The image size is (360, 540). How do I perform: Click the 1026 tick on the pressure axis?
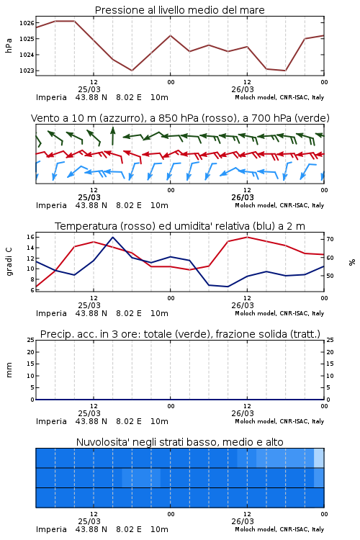[27, 23]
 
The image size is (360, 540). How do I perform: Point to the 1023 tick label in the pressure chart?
[27, 71]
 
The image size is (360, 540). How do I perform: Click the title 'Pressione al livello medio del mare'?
[180, 10]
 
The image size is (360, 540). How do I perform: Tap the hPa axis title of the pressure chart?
[9, 45]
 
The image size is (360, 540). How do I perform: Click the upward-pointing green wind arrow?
[112, 136]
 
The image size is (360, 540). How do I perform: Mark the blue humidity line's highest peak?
[112, 237]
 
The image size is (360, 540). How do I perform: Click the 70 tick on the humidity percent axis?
[330, 239]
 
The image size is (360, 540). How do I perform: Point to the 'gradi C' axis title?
[9, 261]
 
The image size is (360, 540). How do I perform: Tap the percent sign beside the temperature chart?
[352, 262]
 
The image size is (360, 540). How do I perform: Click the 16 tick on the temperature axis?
[30, 237]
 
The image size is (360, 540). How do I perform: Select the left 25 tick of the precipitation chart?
[30, 340]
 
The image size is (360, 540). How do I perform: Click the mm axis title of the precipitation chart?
[9, 370]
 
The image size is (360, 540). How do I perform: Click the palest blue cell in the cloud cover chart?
[319, 458]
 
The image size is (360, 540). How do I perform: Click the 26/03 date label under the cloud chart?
[243, 521]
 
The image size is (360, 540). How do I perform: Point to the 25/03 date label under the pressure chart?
[89, 89]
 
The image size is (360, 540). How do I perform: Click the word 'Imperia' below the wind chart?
[51, 205]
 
